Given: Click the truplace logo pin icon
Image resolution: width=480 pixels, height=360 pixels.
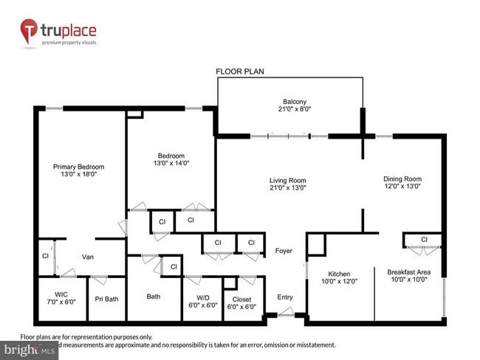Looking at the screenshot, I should (30, 32).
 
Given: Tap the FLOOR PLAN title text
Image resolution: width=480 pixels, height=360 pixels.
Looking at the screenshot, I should (240, 72).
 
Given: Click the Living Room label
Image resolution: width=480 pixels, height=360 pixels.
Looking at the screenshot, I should (287, 180).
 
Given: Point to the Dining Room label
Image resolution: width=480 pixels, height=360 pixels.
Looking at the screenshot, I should (402, 179).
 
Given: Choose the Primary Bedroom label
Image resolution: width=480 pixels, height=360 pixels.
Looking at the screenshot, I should (79, 167).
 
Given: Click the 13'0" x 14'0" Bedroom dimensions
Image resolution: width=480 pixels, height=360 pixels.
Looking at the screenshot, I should (171, 165).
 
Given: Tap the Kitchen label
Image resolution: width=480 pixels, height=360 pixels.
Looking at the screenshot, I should (339, 273).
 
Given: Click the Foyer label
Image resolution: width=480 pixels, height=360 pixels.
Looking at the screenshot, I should (284, 251).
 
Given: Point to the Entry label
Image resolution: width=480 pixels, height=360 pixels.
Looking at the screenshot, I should (285, 297).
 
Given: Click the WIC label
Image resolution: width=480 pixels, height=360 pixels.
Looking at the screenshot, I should (61, 294).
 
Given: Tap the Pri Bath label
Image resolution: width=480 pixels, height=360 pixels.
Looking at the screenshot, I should (107, 299).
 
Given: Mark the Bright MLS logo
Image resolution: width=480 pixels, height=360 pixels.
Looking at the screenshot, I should (29, 348).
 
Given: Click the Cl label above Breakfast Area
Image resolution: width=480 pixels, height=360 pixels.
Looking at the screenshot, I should (424, 240).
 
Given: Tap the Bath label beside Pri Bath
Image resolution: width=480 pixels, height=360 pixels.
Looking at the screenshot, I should (154, 297).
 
